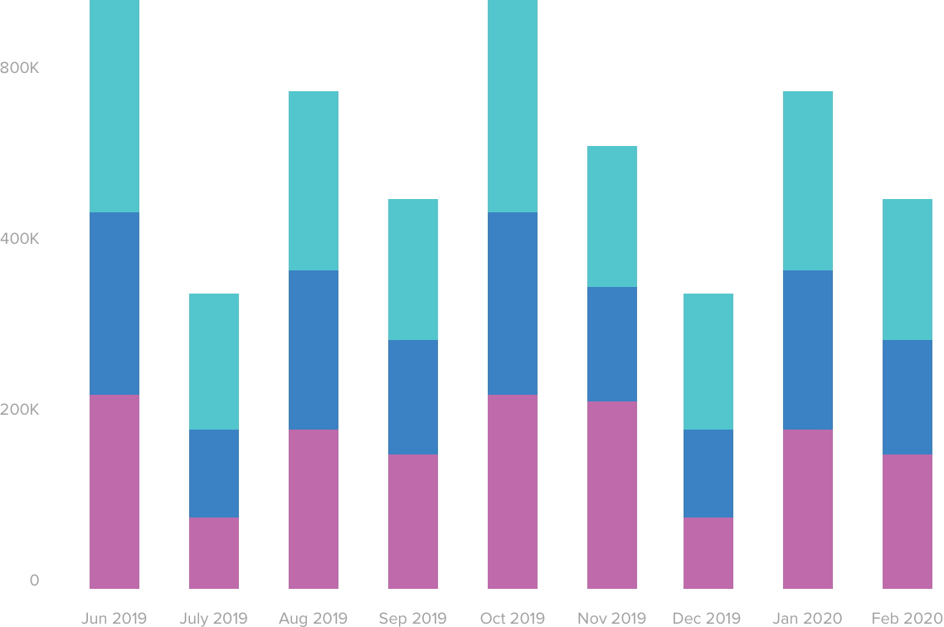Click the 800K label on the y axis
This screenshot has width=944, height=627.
(x=21, y=68)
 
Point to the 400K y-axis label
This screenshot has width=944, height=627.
(x=21, y=239)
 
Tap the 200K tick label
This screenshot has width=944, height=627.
(x=21, y=410)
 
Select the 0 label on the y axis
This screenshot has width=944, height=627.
(x=34, y=581)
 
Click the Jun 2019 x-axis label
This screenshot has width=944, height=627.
(x=114, y=618)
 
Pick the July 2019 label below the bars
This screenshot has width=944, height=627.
(x=213, y=618)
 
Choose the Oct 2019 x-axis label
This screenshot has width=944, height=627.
(x=512, y=618)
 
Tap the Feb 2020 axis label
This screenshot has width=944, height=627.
(x=907, y=618)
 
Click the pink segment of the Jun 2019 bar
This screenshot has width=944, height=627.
(x=114, y=491)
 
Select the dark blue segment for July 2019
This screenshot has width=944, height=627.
(x=214, y=473)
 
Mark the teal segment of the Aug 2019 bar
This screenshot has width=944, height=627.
(x=314, y=181)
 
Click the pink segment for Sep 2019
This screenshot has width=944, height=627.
(x=413, y=521)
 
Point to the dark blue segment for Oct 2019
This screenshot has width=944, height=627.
(x=513, y=303)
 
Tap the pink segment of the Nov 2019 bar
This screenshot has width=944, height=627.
(x=612, y=494)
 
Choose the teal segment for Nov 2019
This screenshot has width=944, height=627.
(x=612, y=216)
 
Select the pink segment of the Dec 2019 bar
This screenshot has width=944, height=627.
(x=708, y=552)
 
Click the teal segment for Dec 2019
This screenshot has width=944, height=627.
(x=708, y=361)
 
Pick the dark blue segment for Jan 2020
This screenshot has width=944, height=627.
(x=808, y=349)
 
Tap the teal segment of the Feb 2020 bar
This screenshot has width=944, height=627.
(x=908, y=270)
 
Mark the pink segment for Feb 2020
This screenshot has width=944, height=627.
(x=908, y=521)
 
